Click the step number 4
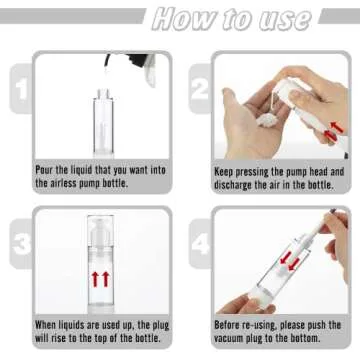200,243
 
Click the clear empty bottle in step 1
99,115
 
